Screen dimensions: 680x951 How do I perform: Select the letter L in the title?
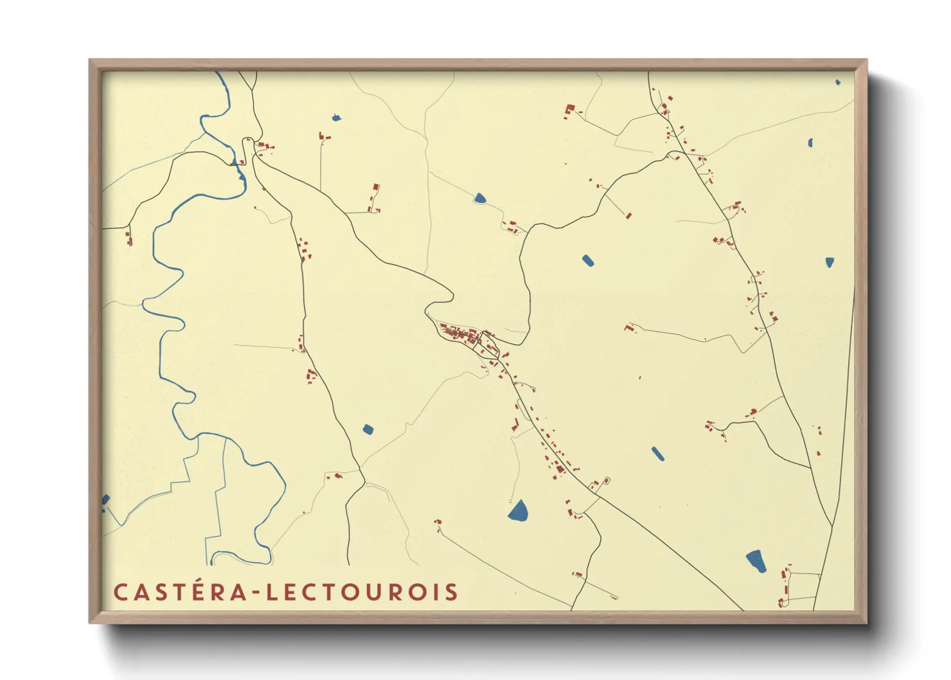272,592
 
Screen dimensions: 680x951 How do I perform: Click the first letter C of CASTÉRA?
121,592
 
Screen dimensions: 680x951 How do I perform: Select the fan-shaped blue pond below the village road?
519,511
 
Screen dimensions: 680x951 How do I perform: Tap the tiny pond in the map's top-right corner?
837,82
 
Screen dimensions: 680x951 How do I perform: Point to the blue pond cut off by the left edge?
105,499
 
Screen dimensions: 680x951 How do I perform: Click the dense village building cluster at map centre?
463,335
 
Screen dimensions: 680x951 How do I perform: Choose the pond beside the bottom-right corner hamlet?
756,560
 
